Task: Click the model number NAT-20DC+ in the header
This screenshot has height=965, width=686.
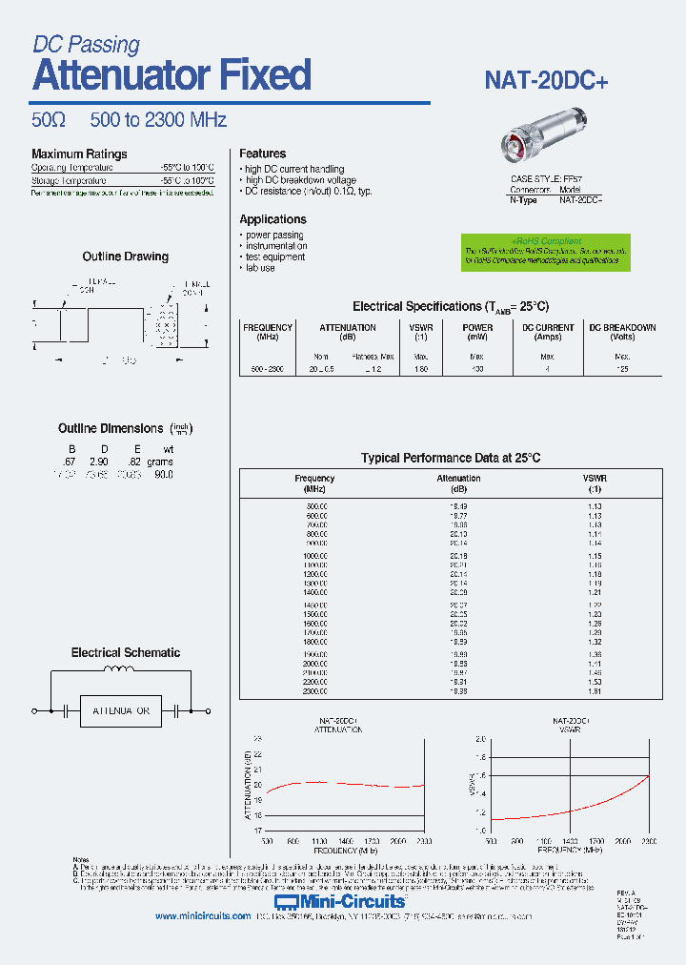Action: [x=546, y=81]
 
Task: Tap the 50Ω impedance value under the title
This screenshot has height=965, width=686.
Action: [x=48, y=120]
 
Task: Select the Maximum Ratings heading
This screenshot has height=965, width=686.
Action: [x=79, y=154]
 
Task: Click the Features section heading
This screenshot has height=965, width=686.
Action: [x=262, y=154]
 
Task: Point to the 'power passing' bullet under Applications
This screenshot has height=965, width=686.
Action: [x=274, y=235]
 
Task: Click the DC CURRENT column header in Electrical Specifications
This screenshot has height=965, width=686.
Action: [x=548, y=332]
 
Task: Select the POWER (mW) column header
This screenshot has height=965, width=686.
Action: [x=477, y=332]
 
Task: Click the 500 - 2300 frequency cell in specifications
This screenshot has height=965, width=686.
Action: [x=268, y=368]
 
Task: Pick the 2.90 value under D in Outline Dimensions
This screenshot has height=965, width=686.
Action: [x=98, y=462]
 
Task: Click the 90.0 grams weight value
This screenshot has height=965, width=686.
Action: [x=163, y=474]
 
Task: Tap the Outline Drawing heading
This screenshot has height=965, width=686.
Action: [x=125, y=257]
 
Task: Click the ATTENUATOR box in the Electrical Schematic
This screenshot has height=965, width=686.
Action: [x=121, y=711]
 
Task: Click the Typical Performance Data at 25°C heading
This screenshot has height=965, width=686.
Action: [x=451, y=458]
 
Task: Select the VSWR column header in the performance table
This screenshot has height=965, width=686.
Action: [x=595, y=482]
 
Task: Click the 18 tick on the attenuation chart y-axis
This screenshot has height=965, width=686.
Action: [x=257, y=815]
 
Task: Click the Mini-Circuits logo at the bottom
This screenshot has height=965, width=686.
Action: [x=340, y=901]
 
